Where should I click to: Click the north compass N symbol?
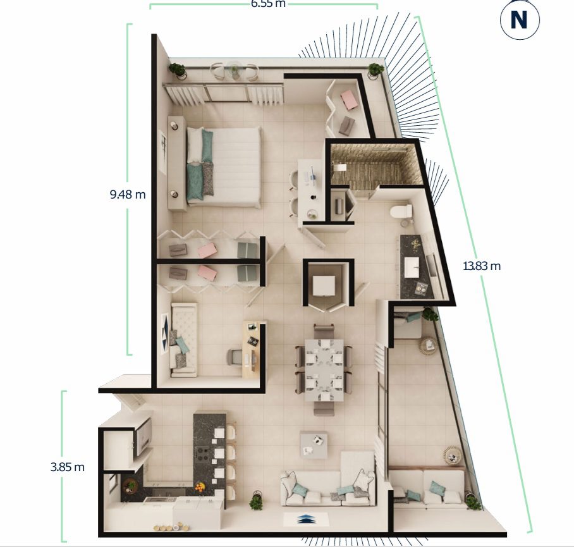tap(519, 20)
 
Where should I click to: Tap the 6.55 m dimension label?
tap(268, 4)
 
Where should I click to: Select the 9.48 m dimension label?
tap(128, 194)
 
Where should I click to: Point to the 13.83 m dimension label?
tap(482, 266)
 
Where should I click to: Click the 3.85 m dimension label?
tap(68, 467)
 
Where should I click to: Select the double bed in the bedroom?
tap(224, 166)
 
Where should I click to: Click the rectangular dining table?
tap(324, 370)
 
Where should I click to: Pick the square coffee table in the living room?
tap(314, 445)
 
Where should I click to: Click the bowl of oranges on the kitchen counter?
tap(200, 487)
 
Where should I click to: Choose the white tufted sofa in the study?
tap(183, 340)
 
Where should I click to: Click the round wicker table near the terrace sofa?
tap(453, 456)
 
